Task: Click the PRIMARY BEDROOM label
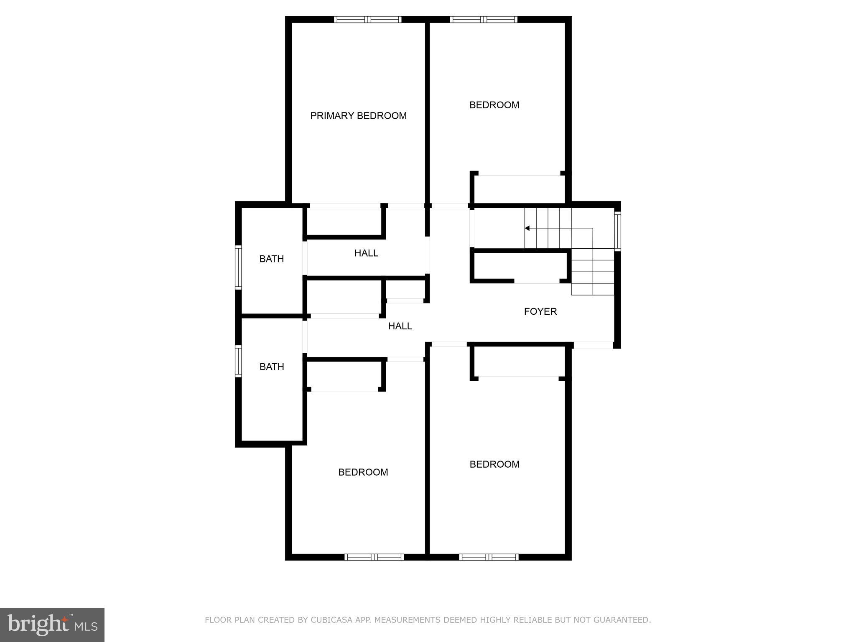point(358,116)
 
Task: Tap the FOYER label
point(540,311)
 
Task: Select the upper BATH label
point(272,259)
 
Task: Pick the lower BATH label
point(272,367)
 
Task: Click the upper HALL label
point(366,253)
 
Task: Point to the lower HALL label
point(400,326)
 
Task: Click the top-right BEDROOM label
point(494,105)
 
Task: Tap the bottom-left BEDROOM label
point(363,472)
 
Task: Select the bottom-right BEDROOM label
point(494,464)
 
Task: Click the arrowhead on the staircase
point(527,228)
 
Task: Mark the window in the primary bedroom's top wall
point(368,19)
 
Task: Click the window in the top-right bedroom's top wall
point(484,19)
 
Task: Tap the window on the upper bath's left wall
point(238,267)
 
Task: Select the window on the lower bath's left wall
point(238,361)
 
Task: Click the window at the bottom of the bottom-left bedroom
point(374,557)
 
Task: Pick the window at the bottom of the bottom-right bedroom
point(489,557)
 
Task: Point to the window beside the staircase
point(617,231)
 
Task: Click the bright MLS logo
point(52,624)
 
